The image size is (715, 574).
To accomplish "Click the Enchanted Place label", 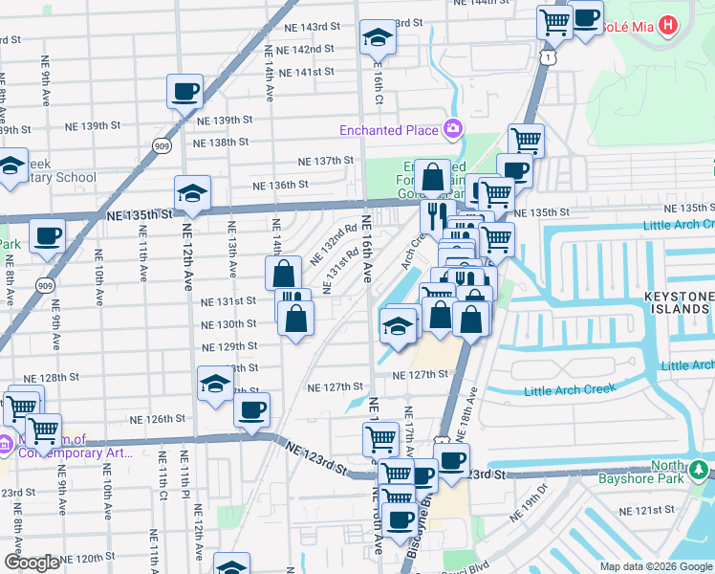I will tap(387, 129).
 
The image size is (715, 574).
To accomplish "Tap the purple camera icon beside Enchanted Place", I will tap(453, 129).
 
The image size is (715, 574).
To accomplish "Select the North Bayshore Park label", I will tap(657, 475).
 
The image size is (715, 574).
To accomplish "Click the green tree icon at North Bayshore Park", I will tap(700, 470).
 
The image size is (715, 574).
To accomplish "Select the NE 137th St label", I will tap(326, 161).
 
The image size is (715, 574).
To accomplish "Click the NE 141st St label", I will tap(308, 72).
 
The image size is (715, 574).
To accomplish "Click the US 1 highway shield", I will tap(546, 58).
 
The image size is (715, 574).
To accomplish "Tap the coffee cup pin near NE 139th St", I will tap(184, 92).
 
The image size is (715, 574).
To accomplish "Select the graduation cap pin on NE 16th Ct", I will tap(378, 38).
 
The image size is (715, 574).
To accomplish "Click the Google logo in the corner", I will tap(32, 563).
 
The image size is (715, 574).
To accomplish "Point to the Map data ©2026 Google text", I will tap(656, 566).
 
